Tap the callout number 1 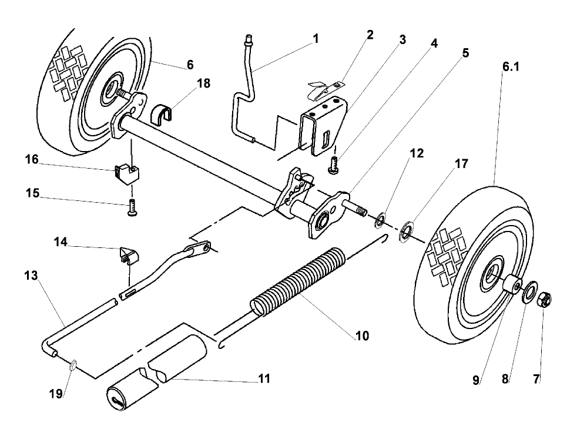click(x=316, y=39)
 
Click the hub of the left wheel click(x=109, y=91)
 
